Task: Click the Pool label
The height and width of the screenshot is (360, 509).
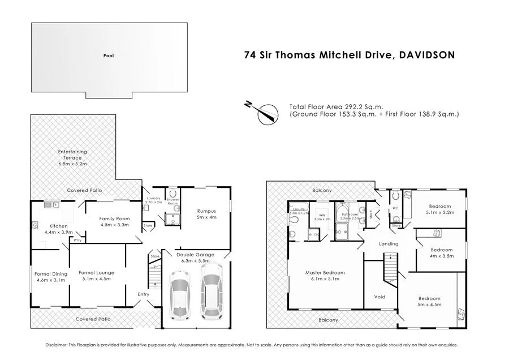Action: (x=108, y=55)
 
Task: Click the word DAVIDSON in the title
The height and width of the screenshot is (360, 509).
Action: (x=427, y=55)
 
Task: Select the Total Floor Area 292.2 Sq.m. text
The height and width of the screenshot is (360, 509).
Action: (x=336, y=106)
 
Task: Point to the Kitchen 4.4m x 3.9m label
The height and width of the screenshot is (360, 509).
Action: (x=59, y=229)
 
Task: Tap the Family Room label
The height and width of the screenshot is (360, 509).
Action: (x=114, y=221)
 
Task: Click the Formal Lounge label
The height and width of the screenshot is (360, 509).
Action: (x=96, y=276)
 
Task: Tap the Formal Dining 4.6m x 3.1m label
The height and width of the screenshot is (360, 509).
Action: (x=51, y=276)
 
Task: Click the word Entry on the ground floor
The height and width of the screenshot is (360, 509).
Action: (x=144, y=294)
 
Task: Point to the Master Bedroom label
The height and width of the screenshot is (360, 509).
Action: (x=325, y=276)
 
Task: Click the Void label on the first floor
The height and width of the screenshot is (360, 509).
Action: (x=380, y=297)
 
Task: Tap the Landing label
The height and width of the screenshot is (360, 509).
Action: (x=389, y=244)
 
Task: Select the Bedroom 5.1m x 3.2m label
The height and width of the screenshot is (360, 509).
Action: (x=439, y=209)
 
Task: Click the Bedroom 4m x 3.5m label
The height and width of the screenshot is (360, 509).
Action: (x=442, y=252)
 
